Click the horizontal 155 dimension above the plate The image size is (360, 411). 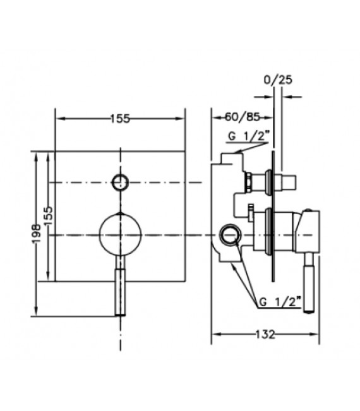pos(120,119)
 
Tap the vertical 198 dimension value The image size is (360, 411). pos(37,234)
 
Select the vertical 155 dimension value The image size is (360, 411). pos(48,216)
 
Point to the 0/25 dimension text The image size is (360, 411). pos(278,80)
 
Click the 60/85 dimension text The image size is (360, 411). pos(243,117)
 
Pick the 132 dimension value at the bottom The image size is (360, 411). pos(265,334)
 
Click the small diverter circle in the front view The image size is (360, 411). pos(121,182)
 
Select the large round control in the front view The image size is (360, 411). pos(121,234)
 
